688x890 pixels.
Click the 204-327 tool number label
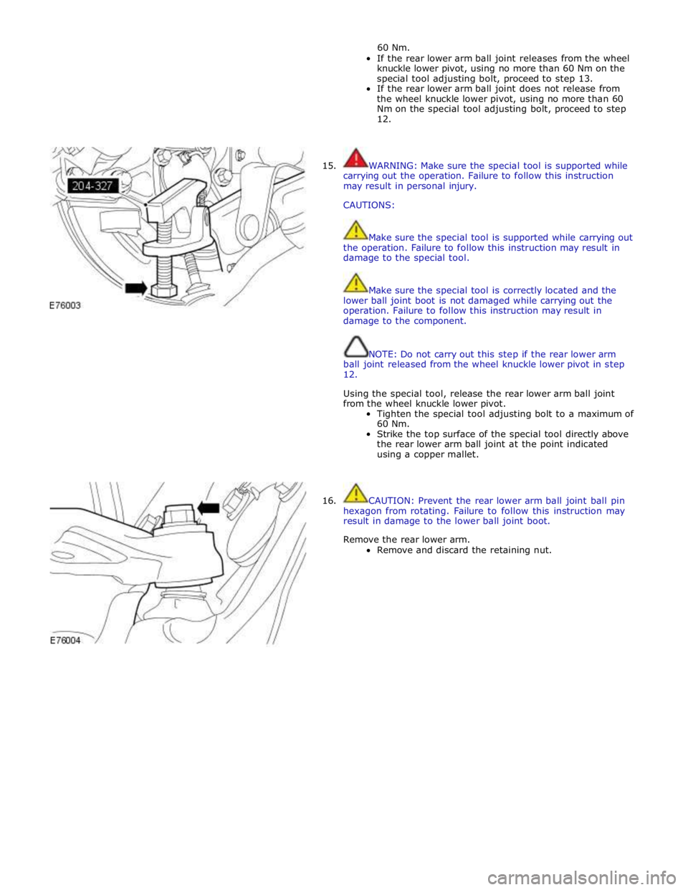point(93,186)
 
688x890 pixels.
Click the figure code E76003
point(64,305)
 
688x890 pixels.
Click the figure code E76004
point(65,641)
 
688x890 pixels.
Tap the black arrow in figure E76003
point(136,288)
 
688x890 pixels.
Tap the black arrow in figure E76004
point(209,508)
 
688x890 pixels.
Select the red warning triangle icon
point(355,158)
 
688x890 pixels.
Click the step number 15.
point(329,166)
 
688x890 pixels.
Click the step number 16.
point(329,501)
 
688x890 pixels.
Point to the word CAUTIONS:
point(369,206)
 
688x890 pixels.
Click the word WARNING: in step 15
point(393,166)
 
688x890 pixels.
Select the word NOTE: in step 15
point(383,354)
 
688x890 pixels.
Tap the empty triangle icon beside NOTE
point(356,347)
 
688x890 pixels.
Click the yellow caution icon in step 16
point(356,493)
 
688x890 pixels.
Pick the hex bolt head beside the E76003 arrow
point(164,291)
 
